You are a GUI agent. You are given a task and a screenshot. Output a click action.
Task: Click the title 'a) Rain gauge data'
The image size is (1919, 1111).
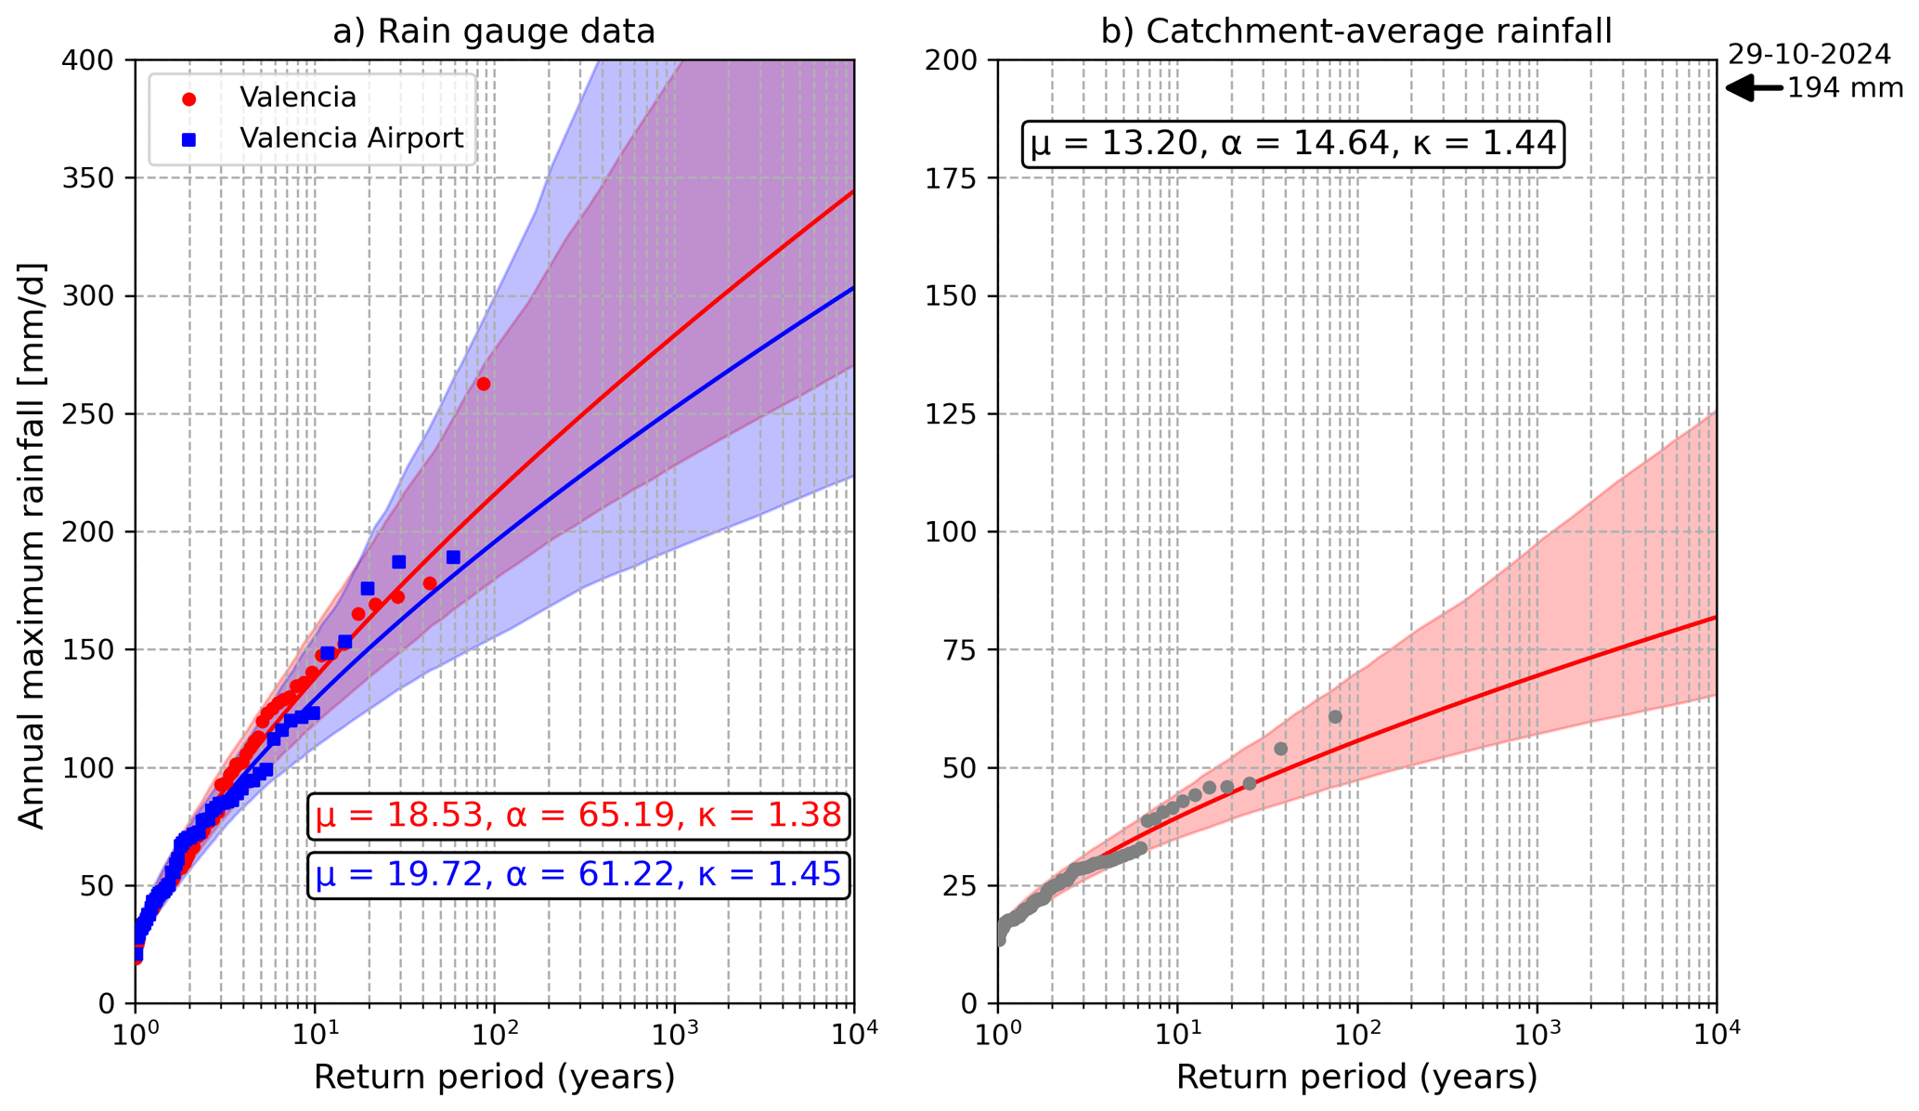point(494,32)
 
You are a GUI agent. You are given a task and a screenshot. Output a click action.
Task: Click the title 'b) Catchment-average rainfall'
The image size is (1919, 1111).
point(1356,32)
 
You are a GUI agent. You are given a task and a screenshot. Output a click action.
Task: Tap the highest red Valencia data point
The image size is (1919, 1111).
point(483,384)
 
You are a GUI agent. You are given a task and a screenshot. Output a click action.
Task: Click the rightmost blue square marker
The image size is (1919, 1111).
point(453,557)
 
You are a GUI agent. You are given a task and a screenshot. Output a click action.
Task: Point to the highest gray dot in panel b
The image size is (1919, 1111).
point(1335,717)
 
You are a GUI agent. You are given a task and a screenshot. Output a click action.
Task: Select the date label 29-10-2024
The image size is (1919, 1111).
point(1809,55)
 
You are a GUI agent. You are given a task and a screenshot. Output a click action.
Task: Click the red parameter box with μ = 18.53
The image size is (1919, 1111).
point(578,817)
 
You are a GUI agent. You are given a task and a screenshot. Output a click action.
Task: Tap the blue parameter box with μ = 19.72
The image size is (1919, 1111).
point(578,875)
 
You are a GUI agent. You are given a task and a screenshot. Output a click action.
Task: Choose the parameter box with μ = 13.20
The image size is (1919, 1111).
point(1293,144)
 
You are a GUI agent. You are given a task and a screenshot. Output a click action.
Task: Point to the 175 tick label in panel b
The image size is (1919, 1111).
point(956,178)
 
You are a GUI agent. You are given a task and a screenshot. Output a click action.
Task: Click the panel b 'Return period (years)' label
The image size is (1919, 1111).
point(1356,1078)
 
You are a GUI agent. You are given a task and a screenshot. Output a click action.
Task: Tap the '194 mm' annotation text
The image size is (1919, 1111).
point(1845,89)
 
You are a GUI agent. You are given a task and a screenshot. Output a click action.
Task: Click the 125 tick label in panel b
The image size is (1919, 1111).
point(956,414)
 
